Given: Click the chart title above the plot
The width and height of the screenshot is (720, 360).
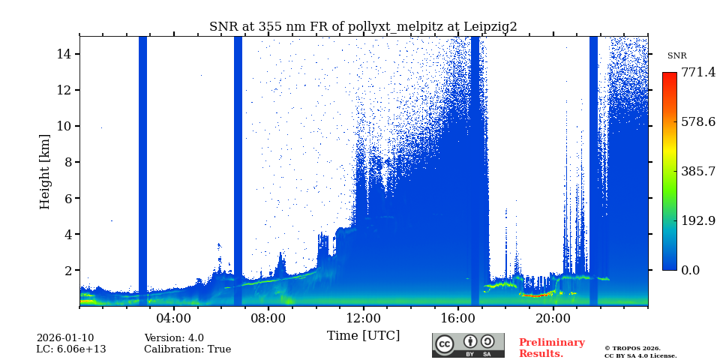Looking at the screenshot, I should pos(363,27).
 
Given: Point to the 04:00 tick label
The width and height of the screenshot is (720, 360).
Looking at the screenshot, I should pos(173,318).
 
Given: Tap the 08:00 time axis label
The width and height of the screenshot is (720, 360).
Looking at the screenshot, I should pos(268,318).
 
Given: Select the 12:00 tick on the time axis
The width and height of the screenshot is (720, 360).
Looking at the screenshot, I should pos(363,318).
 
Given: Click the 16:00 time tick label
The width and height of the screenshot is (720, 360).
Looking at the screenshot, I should pos(458,318).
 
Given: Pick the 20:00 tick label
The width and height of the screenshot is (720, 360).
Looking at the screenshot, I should pos(553,318).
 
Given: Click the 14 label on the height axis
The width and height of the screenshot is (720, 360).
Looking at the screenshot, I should pos(63,54).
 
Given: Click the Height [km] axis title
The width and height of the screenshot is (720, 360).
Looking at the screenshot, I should pos(46,171).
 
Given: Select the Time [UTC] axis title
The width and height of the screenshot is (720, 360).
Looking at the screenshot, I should pos(363,335).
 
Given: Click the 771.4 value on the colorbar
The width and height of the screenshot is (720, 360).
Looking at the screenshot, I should pos(697,73).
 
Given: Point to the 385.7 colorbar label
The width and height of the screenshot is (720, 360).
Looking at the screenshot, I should pos(697,171).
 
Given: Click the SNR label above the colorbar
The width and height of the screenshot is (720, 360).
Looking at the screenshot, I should pos(676,56).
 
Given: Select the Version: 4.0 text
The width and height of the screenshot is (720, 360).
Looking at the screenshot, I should pos(174,338).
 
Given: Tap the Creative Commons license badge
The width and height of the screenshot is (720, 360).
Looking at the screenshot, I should pos(468,345).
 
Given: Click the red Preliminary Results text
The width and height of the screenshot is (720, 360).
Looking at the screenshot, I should pos(551,348).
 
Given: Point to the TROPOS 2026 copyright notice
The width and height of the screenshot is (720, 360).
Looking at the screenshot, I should pos(632,348).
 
